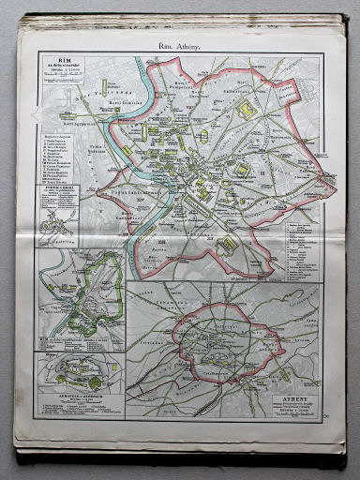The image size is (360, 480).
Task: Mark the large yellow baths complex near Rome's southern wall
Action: (228, 246)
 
